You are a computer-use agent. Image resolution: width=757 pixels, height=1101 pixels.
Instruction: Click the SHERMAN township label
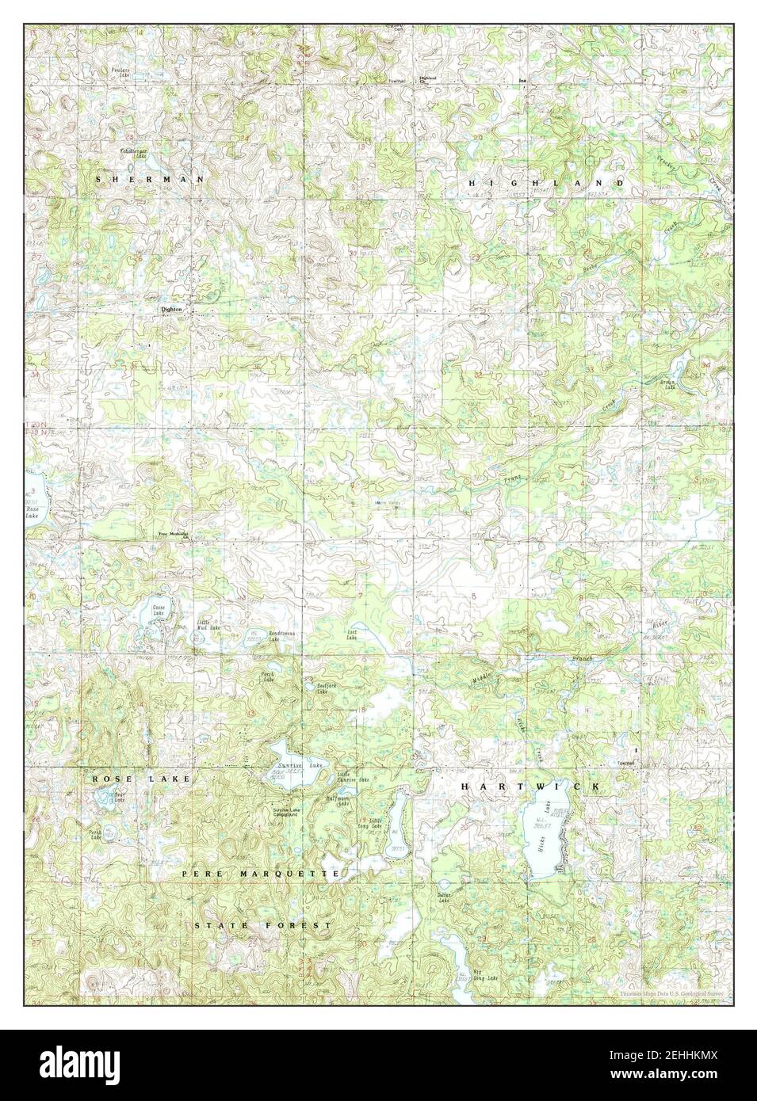coord(149,180)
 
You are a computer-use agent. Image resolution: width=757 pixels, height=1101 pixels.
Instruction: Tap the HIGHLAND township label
coord(546,183)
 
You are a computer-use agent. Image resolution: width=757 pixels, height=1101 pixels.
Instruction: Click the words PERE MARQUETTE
coord(261,873)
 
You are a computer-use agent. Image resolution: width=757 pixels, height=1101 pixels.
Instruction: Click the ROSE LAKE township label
coord(140,779)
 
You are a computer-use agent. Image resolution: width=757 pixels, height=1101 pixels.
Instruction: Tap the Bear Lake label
coord(119,798)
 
